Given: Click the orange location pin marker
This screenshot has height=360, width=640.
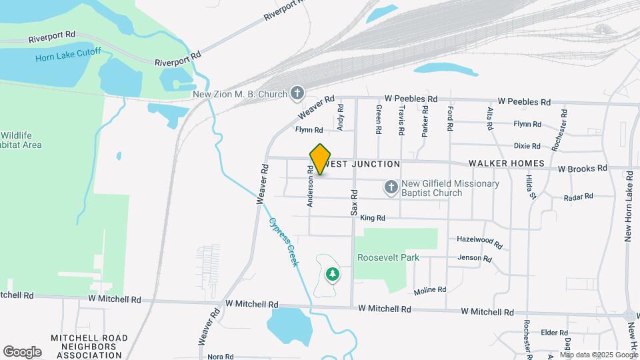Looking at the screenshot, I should pyautogui.click(x=321, y=159).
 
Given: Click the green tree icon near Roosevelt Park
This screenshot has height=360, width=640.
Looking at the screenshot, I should pyautogui.click(x=332, y=273).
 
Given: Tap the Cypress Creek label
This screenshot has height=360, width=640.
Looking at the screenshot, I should pyautogui.click(x=284, y=242).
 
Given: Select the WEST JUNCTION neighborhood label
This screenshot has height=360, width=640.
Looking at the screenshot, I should pyautogui.click(x=365, y=164).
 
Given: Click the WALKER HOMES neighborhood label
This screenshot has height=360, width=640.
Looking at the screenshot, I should pyautogui.click(x=507, y=163).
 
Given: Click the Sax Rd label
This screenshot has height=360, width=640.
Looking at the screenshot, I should pyautogui.click(x=355, y=202).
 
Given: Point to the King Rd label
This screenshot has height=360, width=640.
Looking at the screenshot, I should pyautogui.click(x=373, y=218).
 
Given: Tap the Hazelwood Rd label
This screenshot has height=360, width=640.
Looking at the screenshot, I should pyautogui.click(x=479, y=239).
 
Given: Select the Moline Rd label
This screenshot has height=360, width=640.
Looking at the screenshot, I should pyautogui.click(x=429, y=291).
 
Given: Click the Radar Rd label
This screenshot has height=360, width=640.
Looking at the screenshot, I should pyautogui.click(x=578, y=197).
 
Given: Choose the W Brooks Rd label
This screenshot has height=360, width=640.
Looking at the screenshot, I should pyautogui.click(x=583, y=169).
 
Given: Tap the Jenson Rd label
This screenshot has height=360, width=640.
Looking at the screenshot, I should pyautogui.click(x=475, y=258).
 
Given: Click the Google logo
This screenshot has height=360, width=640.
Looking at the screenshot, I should pyautogui.click(x=23, y=351).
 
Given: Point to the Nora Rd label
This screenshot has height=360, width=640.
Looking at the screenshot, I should pyautogui.click(x=220, y=357).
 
